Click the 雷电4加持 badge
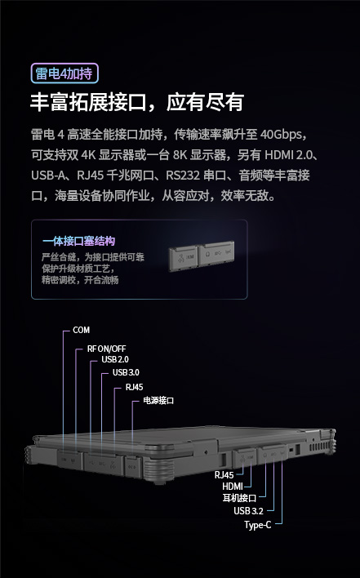[x=64, y=73]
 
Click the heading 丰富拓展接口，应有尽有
[x=137, y=102]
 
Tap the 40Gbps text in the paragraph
[x=281, y=134]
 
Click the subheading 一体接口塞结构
[x=79, y=241]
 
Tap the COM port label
[x=81, y=330]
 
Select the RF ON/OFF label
[x=106, y=349]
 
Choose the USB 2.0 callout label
[x=115, y=359]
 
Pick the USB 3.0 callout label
[x=126, y=372]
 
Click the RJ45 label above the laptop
[x=134, y=387]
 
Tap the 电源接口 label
[x=158, y=400]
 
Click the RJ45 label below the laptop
[x=224, y=475]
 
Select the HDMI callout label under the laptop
[x=233, y=487]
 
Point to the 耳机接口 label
[x=239, y=498]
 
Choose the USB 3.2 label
[x=248, y=511]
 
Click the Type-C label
[x=258, y=525]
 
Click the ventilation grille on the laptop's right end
[x=316, y=447]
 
